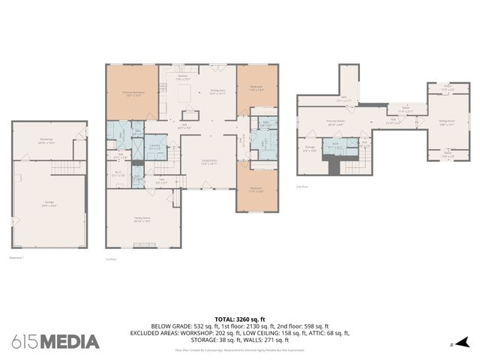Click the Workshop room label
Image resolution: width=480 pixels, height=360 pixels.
[x=46, y=141]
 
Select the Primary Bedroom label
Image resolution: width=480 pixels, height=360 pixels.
[x=133, y=94]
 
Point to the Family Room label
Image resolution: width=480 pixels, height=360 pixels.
[x=142, y=220]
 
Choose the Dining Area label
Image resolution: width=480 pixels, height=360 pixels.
[x=217, y=93]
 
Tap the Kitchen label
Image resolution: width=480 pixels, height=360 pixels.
[x=182, y=76]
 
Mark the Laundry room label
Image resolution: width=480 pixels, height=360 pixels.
[x=154, y=146]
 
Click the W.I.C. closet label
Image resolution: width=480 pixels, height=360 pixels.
[x=118, y=173]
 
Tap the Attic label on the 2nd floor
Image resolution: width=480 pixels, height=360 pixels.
[x=346, y=97]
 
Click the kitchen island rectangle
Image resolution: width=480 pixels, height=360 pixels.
[x=184, y=92]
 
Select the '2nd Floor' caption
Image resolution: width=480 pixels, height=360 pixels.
[x=301, y=185]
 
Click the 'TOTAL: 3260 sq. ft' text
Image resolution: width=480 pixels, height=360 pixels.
[x=239, y=319]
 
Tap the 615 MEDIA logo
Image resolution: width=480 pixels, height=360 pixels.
[x=55, y=342]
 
